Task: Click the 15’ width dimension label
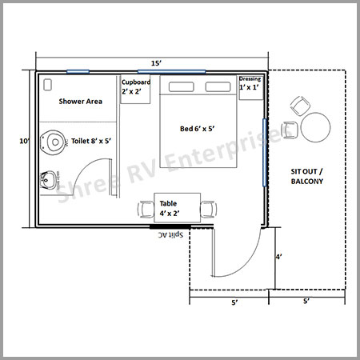(x=157, y=63)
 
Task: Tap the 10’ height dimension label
(x=25, y=141)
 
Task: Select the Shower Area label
(x=81, y=102)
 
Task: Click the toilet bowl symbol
(x=53, y=142)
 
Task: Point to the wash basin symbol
(x=49, y=180)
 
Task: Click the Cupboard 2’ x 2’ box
(x=135, y=90)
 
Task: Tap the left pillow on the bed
(x=182, y=87)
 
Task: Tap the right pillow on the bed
(x=218, y=87)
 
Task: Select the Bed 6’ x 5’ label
(x=198, y=129)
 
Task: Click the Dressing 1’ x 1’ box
(x=251, y=88)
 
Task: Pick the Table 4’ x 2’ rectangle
(x=178, y=208)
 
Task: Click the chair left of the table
(x=146, y=210)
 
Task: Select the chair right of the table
(x=209, y=210)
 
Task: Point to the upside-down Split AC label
(x=170, y=235)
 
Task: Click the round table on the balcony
(x=316, y=127)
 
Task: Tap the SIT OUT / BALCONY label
(x=307, y=176)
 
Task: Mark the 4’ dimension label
(x=279, y=257)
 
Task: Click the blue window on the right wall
(x=265, y=153)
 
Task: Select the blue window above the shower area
(x=78, y=71)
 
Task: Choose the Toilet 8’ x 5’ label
(x=91, y=141)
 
